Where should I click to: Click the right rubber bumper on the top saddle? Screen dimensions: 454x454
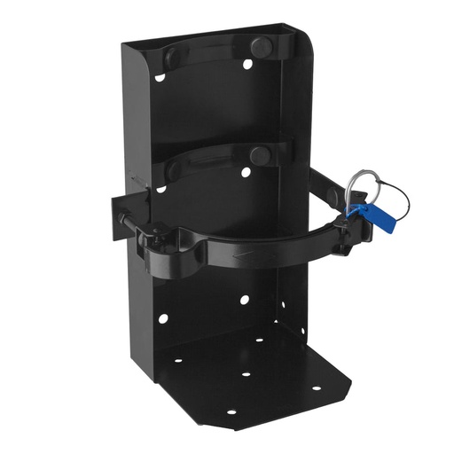click(262, 46)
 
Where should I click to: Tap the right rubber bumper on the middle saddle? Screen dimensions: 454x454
click(260, 155)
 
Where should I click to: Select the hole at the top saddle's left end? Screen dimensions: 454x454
click(160, 77)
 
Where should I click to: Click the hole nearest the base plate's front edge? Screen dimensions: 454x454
click(231, 412)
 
